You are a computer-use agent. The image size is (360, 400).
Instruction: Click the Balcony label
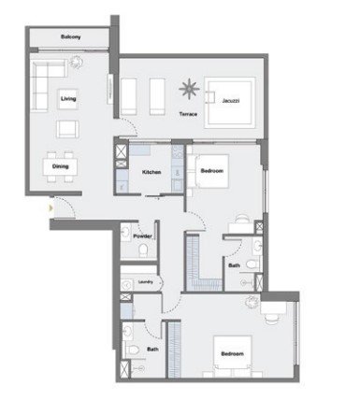point(71,36)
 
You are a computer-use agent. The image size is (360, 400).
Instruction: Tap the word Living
point(68,99)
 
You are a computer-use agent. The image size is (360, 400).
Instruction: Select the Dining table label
point(61,166)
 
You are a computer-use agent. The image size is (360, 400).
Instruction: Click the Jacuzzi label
point(231,101)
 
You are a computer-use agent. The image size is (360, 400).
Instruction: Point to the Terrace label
point(188,114)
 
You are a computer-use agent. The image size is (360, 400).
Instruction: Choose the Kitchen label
point(151,172)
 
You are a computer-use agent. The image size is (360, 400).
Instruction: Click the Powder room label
point(142,236)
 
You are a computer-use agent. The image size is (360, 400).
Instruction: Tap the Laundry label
point(146,282)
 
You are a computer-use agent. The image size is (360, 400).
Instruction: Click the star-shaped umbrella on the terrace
point(189,89)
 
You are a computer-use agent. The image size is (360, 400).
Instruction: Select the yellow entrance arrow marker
point(50,207)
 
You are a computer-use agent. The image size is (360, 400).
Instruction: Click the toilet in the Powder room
point(143,250)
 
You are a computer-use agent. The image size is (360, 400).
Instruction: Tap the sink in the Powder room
point(126,232)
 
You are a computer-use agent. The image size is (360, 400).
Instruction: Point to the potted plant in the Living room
point(76,62)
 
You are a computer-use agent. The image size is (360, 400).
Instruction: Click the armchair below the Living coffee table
point(67,129)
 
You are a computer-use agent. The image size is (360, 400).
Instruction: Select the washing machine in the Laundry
point(127,285)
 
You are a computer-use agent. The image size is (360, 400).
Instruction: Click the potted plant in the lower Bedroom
point(252,302)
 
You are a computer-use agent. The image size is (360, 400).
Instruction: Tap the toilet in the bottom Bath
point(132,350)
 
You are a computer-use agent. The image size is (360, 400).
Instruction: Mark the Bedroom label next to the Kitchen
point(212,171)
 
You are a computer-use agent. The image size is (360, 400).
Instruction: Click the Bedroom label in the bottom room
point(232,354)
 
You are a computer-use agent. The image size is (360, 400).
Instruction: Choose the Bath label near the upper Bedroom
point(234,265)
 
